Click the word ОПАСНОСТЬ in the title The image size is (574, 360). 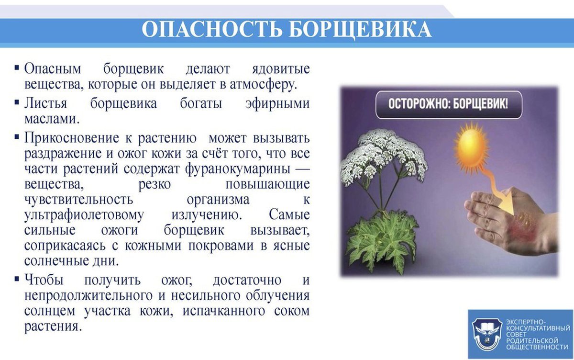(211, 30)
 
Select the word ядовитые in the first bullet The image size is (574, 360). (281, 69)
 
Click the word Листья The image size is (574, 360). (45, 104)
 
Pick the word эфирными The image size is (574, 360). (277, 103)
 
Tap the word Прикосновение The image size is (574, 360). (72, 138)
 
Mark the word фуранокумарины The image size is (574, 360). (238, 169)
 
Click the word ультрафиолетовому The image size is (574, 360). (84, 215)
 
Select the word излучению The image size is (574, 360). (207, 215)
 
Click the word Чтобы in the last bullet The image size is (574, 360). (44, 280)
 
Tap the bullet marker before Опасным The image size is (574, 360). (17, 68)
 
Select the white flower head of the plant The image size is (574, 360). (383, 157)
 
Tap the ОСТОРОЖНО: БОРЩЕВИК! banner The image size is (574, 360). (449, 105)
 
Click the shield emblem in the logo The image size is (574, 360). (486, 335)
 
